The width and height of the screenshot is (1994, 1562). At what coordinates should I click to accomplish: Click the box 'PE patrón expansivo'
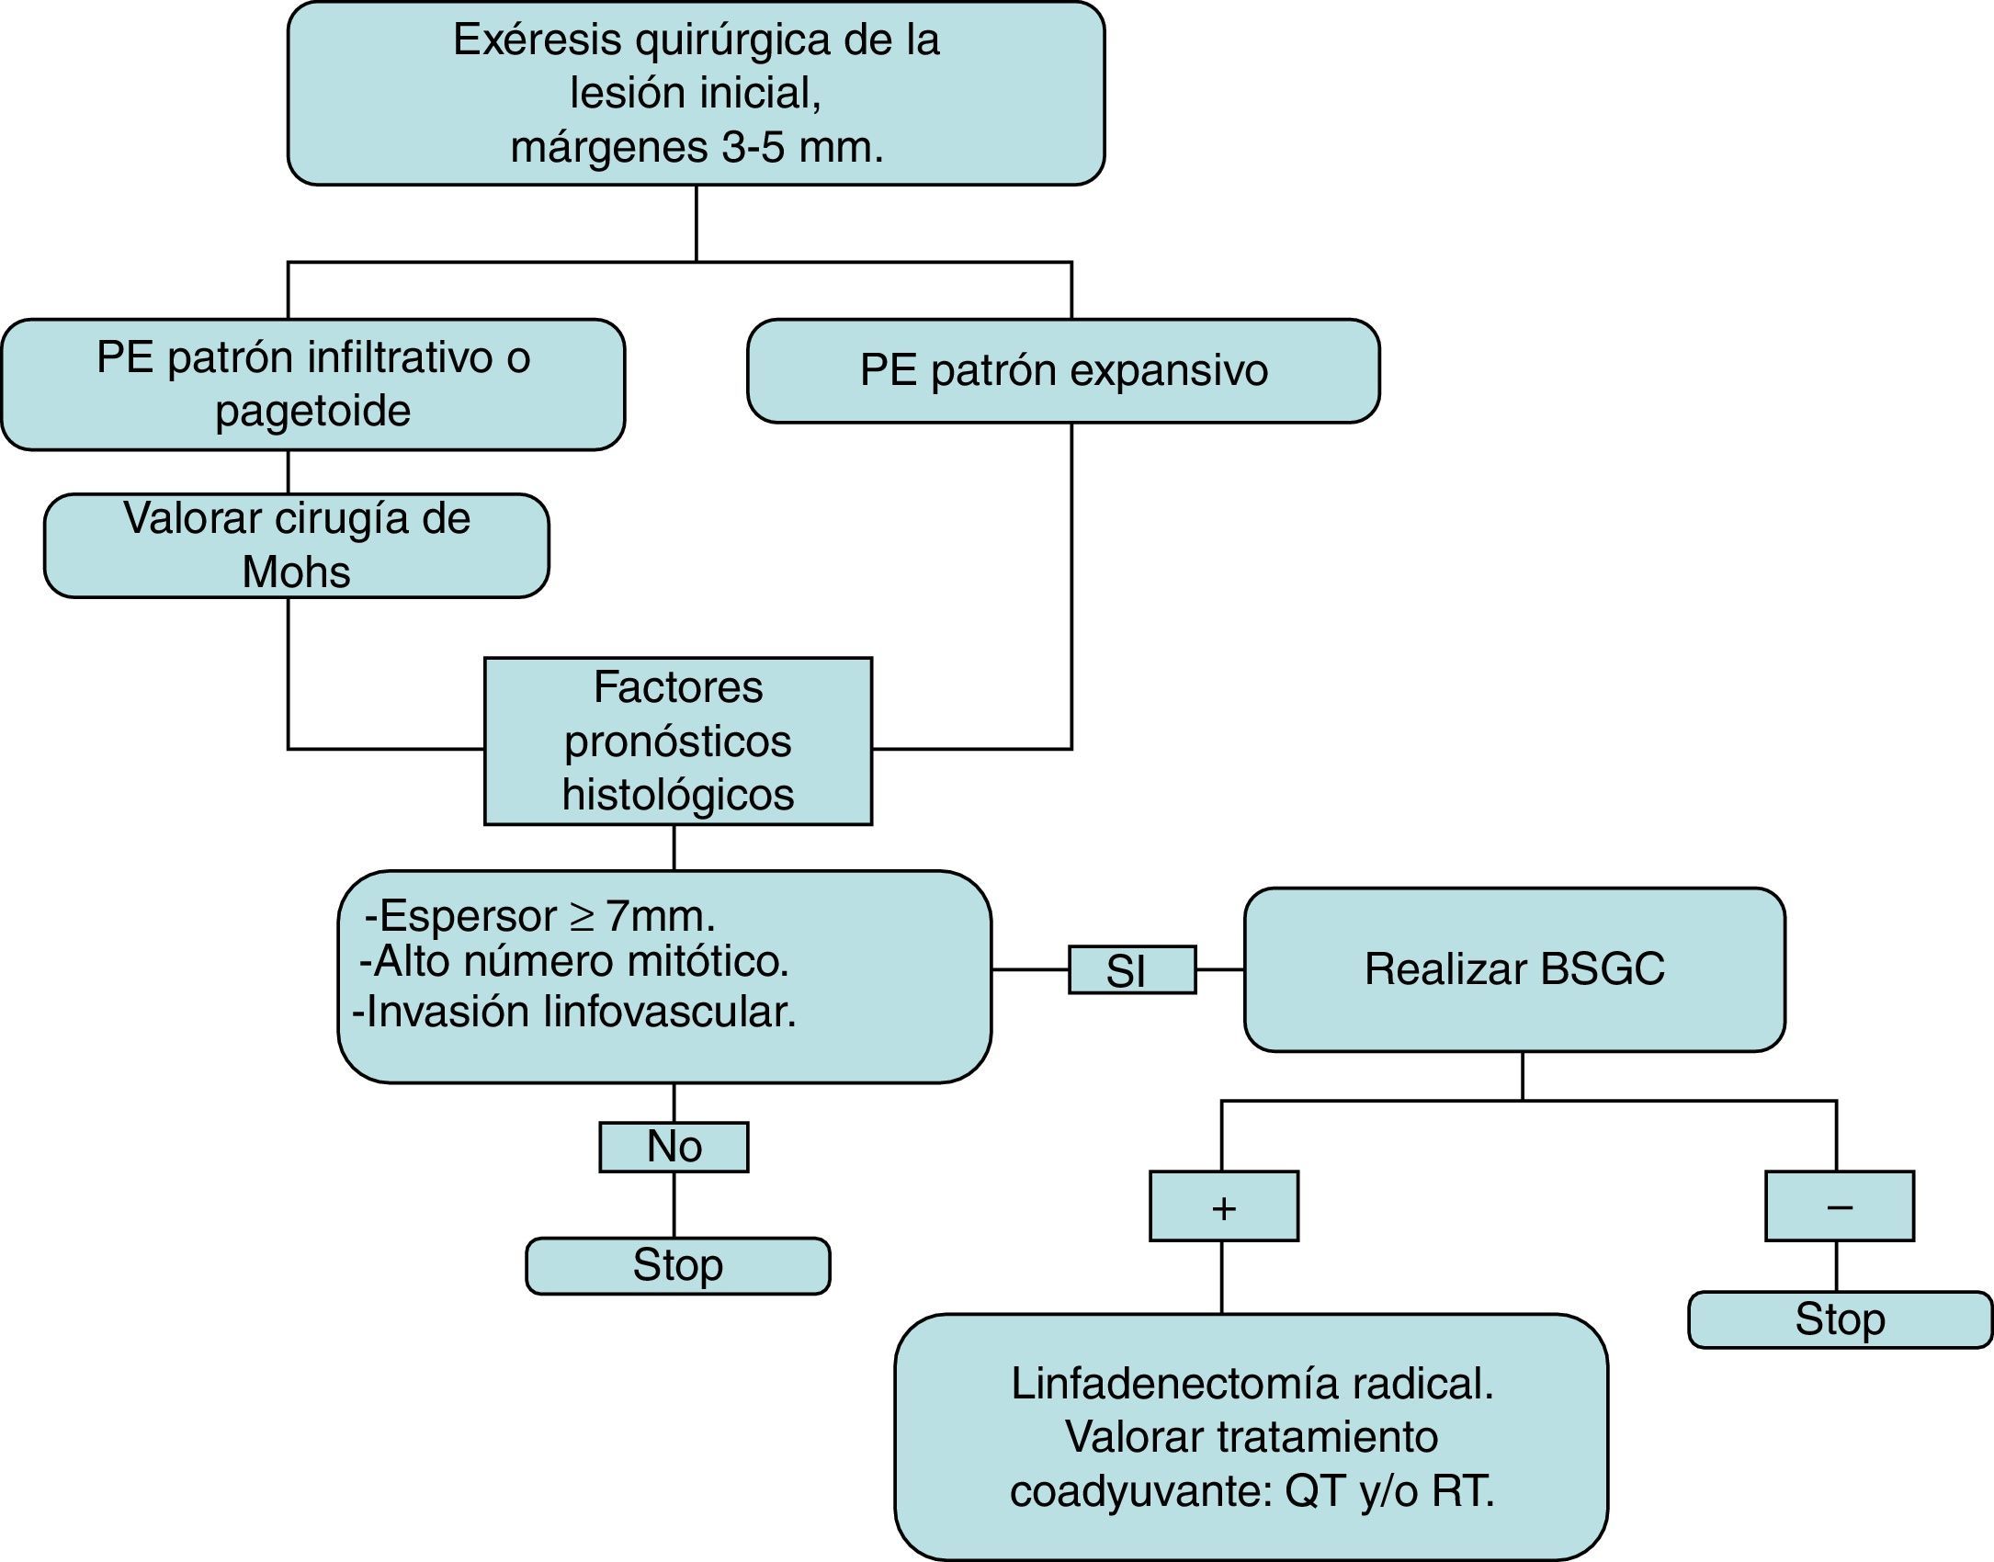coord(1063,371)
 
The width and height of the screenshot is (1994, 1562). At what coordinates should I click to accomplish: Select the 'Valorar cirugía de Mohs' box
coord(297,546)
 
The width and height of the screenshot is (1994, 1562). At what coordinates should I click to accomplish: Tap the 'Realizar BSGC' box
coord(1514,969)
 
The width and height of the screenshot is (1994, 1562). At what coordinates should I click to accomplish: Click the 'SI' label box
coord(1132,969)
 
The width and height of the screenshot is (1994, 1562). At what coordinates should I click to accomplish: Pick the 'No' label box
coord(674,1147)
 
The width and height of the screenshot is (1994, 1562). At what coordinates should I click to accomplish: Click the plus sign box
coord(1224,1206)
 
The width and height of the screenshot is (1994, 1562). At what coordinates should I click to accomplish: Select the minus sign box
coord(1840,1206)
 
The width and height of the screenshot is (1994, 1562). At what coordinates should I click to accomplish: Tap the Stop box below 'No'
coord(678,1266)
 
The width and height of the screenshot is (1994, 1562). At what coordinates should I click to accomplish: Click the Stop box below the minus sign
coord(1841,1320)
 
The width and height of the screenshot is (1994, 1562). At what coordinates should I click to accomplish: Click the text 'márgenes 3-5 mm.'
coord(697,147)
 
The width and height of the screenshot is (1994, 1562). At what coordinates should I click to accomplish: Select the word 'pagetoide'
coord(313,411)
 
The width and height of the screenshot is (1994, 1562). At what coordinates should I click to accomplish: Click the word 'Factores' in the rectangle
coord(678,687)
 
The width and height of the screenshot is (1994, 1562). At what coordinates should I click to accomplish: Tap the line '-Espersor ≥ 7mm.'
coord(539,916)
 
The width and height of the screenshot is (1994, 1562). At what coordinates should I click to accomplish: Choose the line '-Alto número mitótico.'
coord(574,962)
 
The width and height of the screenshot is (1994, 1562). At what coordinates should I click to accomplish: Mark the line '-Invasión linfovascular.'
coord(574,1012)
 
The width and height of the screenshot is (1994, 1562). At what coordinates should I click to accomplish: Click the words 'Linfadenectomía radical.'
coord(1252,1384)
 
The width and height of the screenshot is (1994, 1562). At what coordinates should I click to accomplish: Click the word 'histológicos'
coord(678,795)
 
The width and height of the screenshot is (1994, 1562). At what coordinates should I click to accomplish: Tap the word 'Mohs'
coord(296,572)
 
